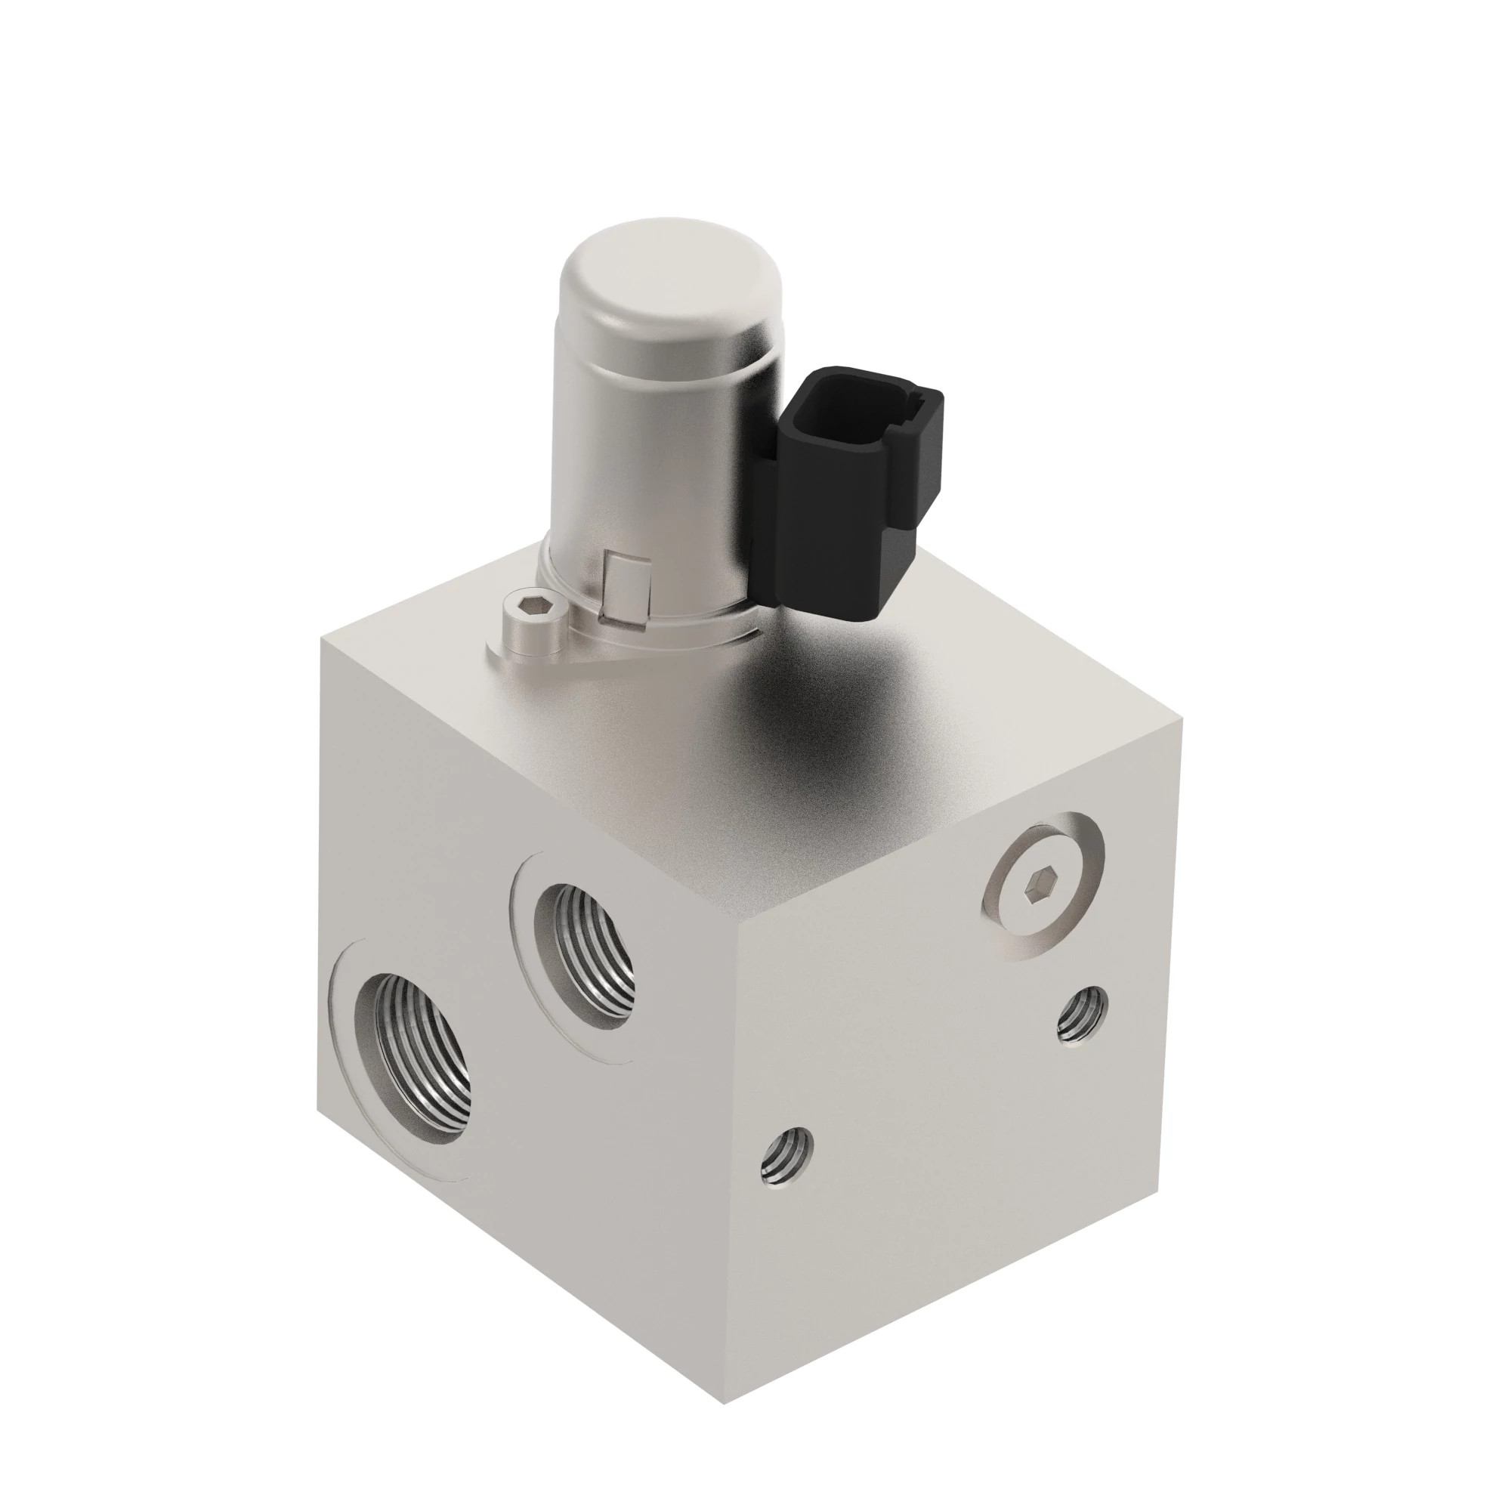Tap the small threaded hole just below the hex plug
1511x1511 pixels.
pos(1082,1017)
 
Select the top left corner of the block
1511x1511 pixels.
pos(320,638)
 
